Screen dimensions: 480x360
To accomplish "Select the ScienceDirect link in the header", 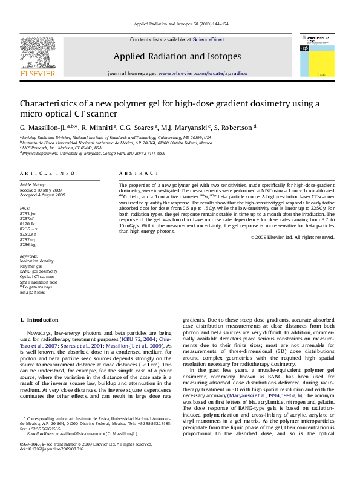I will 209,39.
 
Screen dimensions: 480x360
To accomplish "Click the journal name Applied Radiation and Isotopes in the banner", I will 177,56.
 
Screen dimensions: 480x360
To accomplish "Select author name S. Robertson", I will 235,128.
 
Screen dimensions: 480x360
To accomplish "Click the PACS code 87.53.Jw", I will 28,214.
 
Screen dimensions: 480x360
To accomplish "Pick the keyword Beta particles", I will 33,292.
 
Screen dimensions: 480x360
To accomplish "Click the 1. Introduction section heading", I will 39,319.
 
